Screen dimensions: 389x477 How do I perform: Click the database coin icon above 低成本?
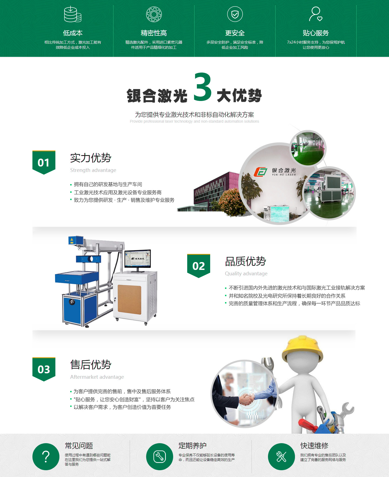click(x=72, y=14)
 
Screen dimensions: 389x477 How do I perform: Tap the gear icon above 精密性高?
click(x=154, y=14)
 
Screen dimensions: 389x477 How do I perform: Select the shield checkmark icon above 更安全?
click(x=235, y=14)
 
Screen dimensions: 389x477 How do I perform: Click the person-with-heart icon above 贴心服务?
click(x=316, y=14)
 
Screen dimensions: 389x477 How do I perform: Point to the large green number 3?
click(x=203, y=87)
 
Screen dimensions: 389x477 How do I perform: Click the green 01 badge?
click(x=44, y=162)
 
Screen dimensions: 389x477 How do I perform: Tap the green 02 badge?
click(x=199, y=266)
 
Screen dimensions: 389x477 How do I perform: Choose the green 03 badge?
click(x=44, y=369)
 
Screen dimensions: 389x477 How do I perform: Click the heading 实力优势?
click(x=91, y=158)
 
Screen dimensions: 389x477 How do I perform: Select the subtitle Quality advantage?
click(x=246, y=273)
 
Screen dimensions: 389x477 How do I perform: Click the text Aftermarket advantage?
click(x=97, y=377)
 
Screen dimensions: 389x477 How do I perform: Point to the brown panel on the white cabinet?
click(x=129, y=299)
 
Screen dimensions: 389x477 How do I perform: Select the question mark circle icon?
click(x=46, y=457)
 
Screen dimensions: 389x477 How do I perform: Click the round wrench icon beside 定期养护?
click(x=160, y=457)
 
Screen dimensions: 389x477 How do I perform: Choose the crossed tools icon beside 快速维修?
click(x=281, y=457)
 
